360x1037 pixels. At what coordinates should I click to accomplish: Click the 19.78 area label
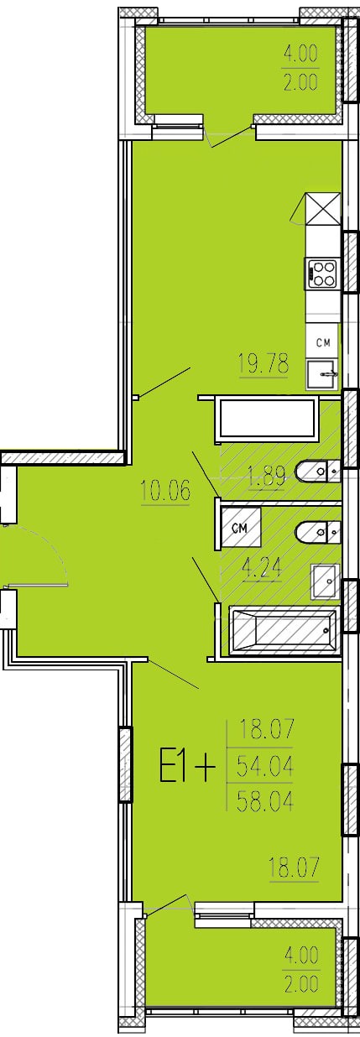coord(263,362)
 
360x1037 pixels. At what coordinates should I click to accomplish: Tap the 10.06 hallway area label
coord(165,490)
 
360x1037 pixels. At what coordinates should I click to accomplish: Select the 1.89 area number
coord(266,477)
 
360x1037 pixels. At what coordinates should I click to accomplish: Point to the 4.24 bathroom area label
coord(263,566)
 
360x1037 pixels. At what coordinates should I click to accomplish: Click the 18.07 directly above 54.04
coord(266,730)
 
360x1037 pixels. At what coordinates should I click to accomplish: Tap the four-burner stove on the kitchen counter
coord(321,274)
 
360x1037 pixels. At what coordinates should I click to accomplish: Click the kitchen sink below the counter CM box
coord(323,374)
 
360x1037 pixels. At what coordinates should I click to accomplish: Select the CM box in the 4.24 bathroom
coord(241,528)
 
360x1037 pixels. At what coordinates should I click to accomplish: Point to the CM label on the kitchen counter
coord(323,342)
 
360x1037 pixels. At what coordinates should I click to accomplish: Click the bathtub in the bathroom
coord(284,633)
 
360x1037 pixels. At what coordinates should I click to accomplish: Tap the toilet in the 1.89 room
coord(318,471)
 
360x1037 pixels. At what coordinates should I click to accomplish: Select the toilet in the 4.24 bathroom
coord(318,531)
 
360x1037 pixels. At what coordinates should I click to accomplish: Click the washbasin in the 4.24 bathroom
coord(326,581)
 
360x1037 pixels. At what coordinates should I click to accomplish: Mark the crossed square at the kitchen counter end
coord(322,209)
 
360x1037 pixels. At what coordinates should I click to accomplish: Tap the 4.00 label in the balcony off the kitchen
coord(300,55)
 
